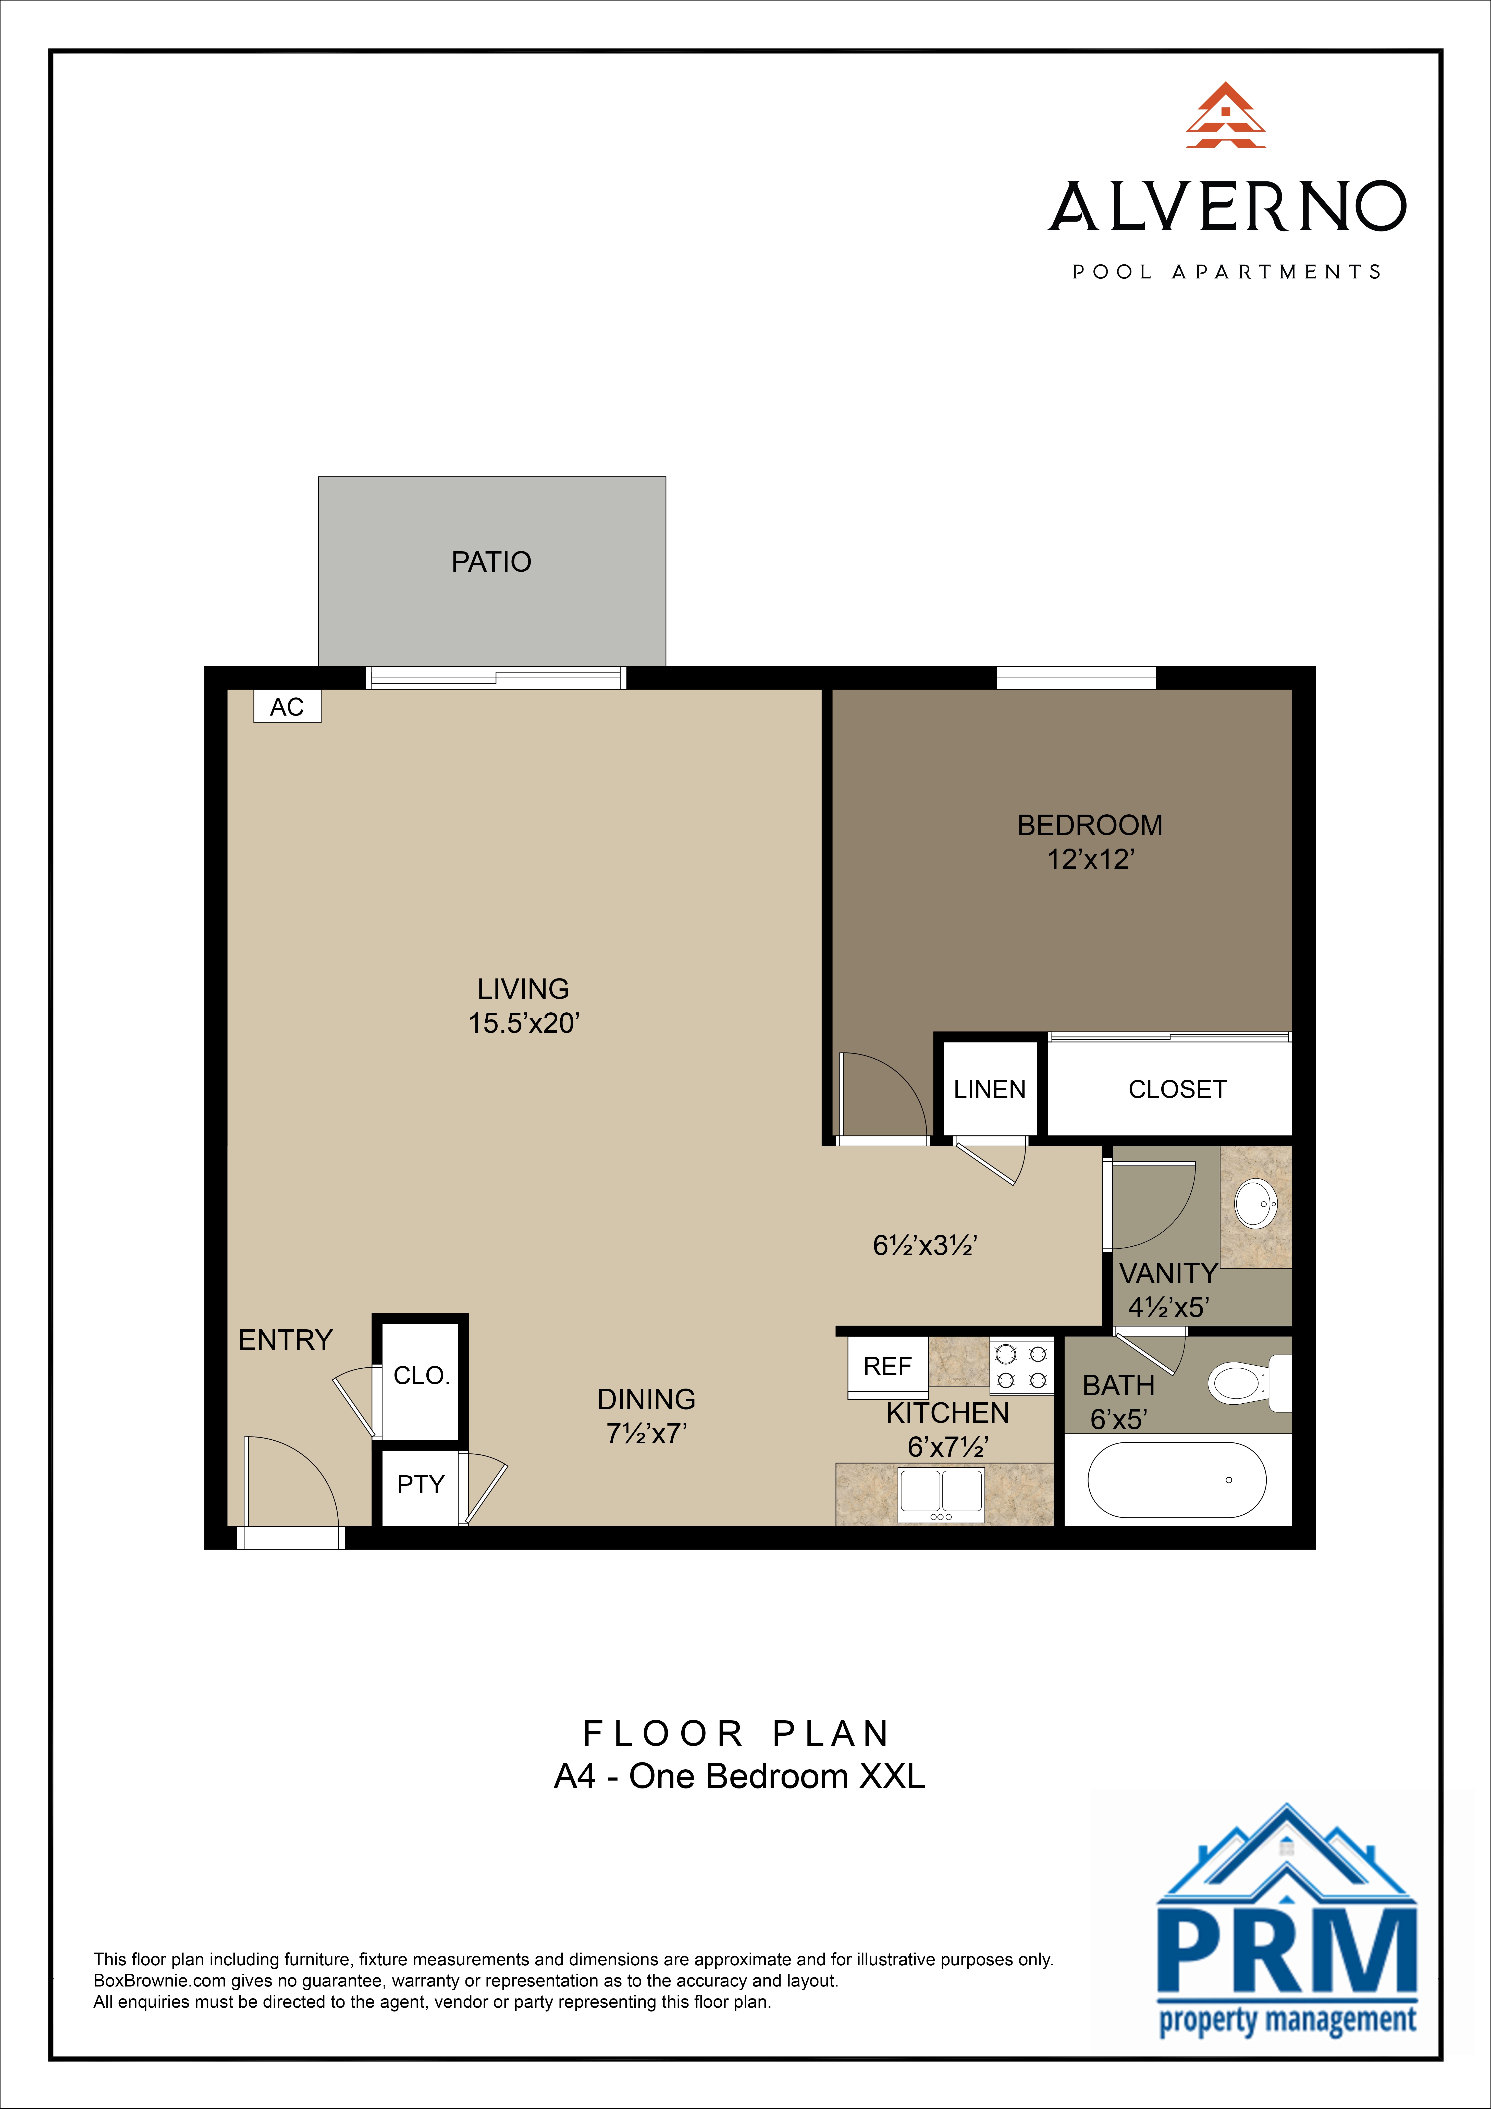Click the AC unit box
(x=287, y=706)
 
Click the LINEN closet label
(x=989, y=1089)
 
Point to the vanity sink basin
(x=1255, y=1203)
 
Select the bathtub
(x=1177, y=1480)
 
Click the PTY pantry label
(x=421, y=1484)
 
